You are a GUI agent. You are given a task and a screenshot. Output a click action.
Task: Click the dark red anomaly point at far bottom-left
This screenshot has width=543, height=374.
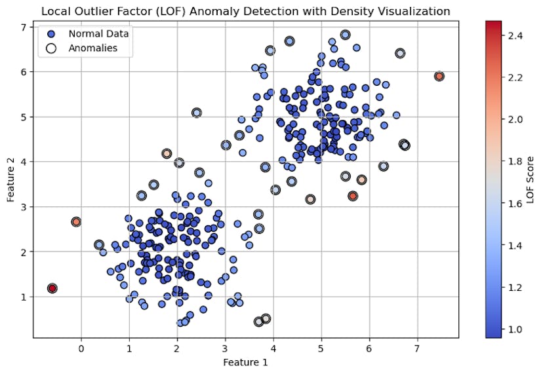[52, 288]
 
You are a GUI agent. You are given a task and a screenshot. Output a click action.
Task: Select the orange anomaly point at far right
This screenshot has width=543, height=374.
[439, 76]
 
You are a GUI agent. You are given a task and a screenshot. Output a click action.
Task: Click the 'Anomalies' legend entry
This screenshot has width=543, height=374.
[92, 48]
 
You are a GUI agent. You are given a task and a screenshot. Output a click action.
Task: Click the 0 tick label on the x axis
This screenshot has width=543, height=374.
[81, 348]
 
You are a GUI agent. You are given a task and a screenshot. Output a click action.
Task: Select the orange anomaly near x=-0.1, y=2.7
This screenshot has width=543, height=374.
[76, 222]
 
